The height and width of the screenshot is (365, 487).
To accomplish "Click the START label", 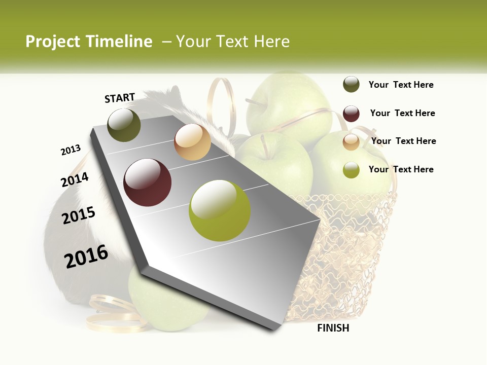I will (120, 98).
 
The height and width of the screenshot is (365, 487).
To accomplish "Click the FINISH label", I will (333, 328).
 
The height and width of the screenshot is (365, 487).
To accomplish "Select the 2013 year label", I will (71, 150).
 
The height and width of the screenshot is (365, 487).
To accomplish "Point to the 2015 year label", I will (79, 215).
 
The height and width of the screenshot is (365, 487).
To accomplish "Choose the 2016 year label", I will (86, 256).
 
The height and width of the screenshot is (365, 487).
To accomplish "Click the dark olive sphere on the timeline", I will (124, 125).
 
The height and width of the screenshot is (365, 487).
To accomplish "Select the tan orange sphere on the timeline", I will (192, 142).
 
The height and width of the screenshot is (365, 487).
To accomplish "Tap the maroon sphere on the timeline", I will (148, 182).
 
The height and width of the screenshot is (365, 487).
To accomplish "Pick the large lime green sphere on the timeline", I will (220, 210).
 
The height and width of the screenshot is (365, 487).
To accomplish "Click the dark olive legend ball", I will (351, 85).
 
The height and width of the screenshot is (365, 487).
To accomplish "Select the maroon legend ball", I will (351, 114).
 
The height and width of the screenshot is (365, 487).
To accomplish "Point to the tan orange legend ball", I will (351, 142).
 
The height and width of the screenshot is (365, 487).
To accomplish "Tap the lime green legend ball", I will (351, 170).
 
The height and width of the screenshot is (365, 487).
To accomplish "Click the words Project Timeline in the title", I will (89, 42).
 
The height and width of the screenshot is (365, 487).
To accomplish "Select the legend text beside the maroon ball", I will (402, 113).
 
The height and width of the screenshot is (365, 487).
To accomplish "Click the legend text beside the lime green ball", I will (401, 169).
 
